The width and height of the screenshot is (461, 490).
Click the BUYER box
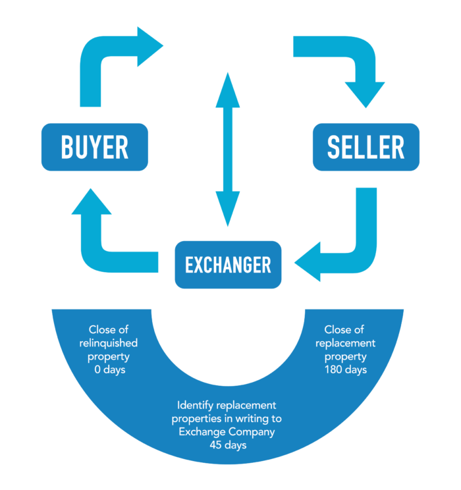[95, 147]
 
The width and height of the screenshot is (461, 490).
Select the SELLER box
[366, 147]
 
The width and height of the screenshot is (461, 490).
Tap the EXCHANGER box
[228, 264]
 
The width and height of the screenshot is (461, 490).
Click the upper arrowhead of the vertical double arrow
[228, 90]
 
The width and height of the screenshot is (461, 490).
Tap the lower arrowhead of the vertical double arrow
[228, 209]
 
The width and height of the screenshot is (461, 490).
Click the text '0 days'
[110, 369]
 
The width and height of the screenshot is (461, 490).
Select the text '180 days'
[345, 369]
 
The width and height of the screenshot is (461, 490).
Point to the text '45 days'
[228, 445]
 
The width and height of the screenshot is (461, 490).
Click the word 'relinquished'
[109, 343]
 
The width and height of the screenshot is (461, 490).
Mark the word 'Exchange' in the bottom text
[202, 431]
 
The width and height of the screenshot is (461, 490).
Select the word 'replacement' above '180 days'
[345, 343]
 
